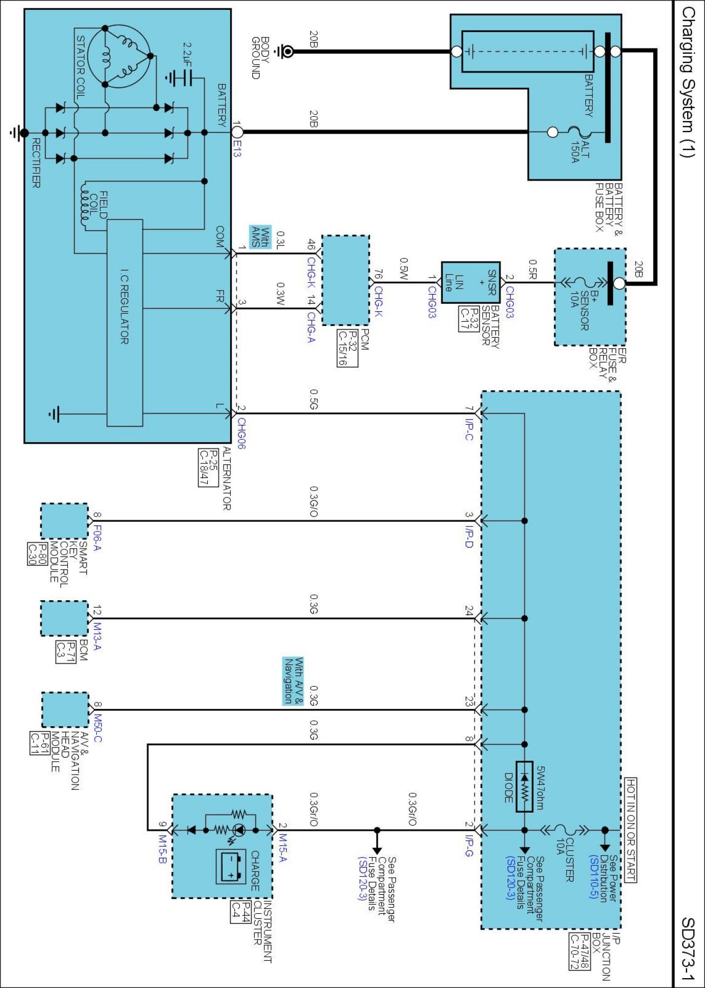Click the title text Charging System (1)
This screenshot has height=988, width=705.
(687, 82)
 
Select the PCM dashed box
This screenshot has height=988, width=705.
(346, 280)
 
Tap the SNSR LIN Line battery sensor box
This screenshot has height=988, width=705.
(470, 283)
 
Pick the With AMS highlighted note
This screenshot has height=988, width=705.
(260, 237)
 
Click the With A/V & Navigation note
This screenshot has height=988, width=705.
(293, 681)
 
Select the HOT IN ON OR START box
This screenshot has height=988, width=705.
(630, 829)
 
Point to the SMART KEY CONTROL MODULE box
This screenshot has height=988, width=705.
(64, 521)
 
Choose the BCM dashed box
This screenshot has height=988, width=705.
(64, 618)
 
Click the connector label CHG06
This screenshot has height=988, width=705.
(241, 433)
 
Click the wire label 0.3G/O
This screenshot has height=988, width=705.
(313, 501)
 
